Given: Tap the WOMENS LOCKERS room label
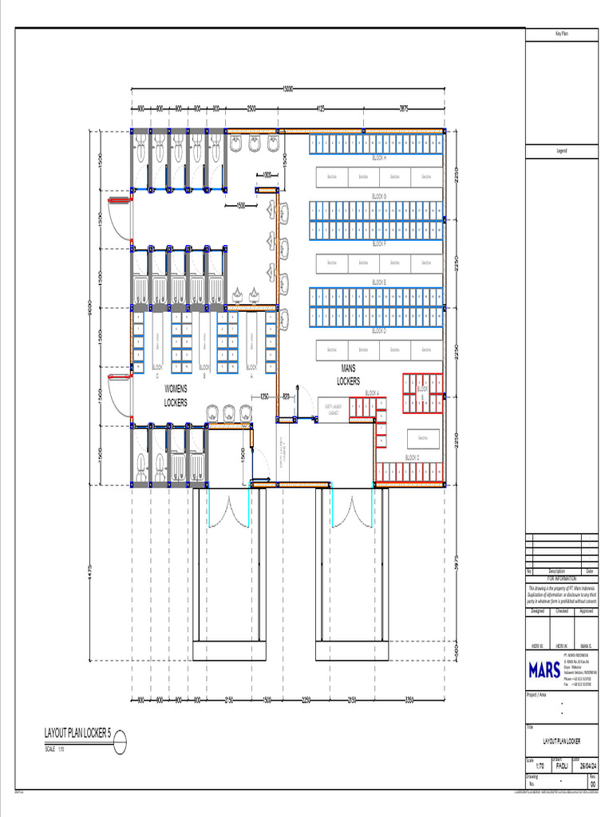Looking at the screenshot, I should coord(176,396).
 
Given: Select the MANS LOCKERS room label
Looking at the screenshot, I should coord(348,376).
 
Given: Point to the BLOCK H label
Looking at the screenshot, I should coord(379,158).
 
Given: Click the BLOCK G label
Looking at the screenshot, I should coord(379,195).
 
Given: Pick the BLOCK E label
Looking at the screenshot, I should coord(379,282).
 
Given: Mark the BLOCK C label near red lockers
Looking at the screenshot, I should coord(412,457).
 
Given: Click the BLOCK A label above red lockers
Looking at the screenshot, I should coord(372,393).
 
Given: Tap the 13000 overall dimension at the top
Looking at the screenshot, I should coord(288,89).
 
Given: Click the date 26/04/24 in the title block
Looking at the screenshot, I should coord(588,765).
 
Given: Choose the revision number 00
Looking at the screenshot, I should coord(591,783).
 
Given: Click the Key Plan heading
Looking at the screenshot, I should coord(561,34).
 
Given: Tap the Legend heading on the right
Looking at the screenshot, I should coord(561,150).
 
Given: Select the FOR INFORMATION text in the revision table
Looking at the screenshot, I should coord(561,578).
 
